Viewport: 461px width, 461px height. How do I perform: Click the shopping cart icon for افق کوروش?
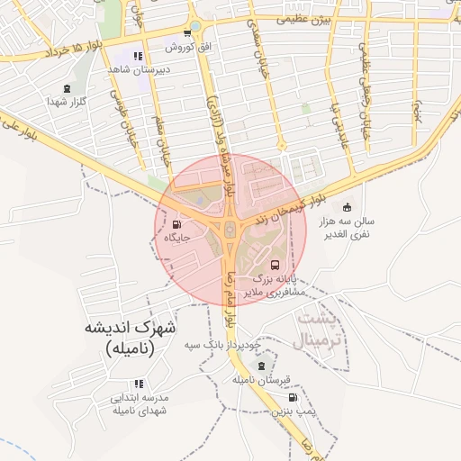click(186, 33)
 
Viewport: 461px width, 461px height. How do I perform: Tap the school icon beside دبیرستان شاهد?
click(137, 56)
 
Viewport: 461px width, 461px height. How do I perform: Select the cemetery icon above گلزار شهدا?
click(68, 88)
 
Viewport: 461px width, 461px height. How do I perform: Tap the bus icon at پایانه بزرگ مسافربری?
click(275, 266)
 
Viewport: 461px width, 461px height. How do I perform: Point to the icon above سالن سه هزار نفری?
click(348, 208)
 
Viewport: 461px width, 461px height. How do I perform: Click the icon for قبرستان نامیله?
click(261, 366)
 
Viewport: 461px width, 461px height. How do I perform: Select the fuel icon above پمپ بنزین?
click(292, 397)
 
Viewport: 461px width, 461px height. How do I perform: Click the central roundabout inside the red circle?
click(230, 230)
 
